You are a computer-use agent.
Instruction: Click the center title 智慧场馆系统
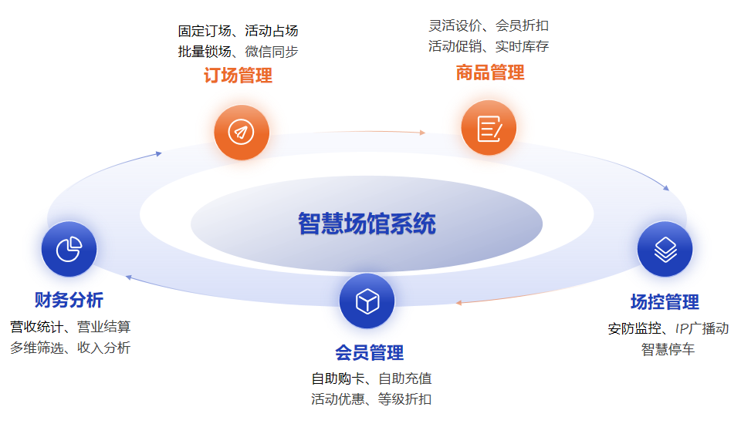coord(367,224)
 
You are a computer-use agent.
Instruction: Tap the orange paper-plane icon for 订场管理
coord(242,132)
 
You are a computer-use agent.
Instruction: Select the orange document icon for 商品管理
coord(489,128)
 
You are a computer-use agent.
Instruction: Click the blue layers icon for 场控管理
coord(665,249)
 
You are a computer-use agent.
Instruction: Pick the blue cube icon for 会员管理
coord(367,301)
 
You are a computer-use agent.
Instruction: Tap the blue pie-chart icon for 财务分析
coord(69,249)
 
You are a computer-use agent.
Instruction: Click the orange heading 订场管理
coord(239,75)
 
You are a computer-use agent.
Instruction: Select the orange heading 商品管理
coord(490,72)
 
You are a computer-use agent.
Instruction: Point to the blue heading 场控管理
coord(665,302)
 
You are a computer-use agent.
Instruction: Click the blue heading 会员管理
coord(370,352)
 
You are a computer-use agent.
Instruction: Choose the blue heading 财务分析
coord(69,300)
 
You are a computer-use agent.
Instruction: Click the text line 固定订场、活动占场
coord(239,31)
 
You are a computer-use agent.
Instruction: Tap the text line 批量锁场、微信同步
coord(239,52)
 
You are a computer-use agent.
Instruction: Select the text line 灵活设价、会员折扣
coord(489,25)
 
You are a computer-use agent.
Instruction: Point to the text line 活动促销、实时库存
coord(489,46)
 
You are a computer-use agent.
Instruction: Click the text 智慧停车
coord(668,350)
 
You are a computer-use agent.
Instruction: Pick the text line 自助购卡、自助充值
coord(371,378)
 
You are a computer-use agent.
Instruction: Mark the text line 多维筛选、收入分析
coord(70,348)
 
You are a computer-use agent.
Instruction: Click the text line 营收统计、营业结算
coord(70,327)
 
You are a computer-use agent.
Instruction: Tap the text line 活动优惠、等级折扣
coord(371,399)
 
